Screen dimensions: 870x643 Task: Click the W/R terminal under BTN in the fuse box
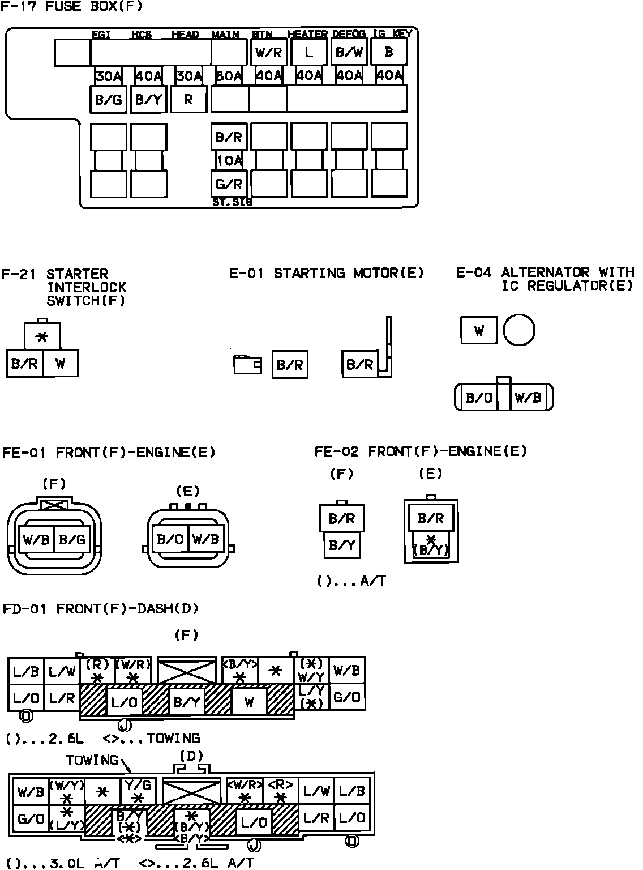pyautogui.click(x=269, y=53)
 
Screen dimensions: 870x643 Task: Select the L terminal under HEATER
pyautogui.click(x=308, y=53)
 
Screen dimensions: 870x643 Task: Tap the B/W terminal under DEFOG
pyautogui.click(x=349, y=53)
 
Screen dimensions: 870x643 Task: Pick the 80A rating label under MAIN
pyautogui.click(x=229, y=76)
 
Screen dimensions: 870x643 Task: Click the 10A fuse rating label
pyautogui.click(x=229, y=161)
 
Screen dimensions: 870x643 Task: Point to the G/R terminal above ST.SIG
pyautogui.click(x=229, y=184)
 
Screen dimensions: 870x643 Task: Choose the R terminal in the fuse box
pyautogui.click(x=188, y=100)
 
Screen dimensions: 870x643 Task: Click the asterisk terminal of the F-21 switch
pyautogui.click(x=42, y=337)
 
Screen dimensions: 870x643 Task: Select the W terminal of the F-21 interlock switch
pyautogui.click(x=60, y=364)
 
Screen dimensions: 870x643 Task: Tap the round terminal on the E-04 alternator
pyautogui.click(x=519, y=330)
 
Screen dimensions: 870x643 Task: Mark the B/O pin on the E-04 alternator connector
pyautogui.click(x=479, y=398)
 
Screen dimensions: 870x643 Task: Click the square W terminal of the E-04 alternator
pyautogui.click(x=479, y=330)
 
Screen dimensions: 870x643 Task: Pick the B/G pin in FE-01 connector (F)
pyautogui.click(x=72, y=539)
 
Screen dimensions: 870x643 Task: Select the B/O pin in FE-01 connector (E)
pyautogui.click(x=169, y=539)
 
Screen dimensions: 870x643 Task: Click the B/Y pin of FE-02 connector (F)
pyautogui.click(x=342, y=545)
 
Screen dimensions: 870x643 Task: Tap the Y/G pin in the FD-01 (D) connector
pyautogui.click(x=138, y=790)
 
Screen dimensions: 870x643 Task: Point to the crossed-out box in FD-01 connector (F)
pyautogui.click(x=186, y=672)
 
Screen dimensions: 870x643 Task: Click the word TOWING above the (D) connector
pyautogui.click(x=92, y=760)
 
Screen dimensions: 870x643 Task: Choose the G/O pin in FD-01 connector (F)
pyautogui.click(x=347, y=697)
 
